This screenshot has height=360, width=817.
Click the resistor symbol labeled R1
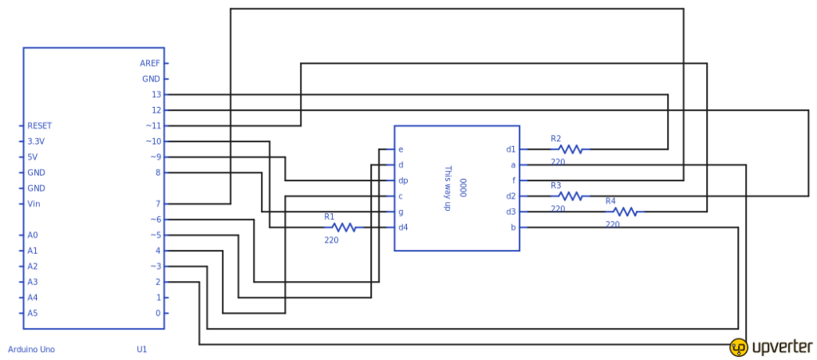pyautogui.click(x=343, y=227)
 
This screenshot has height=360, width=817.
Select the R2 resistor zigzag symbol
pyautogui.click(x=570, y=149)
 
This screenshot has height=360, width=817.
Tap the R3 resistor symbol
pyautogui.click(x=570, y=196)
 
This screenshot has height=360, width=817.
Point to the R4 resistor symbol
pyautogui.click(x=625, y=212)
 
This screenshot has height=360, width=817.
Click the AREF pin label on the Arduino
pyautogui.click(x=150, y=63)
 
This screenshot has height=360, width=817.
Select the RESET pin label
pyautogui.click(x=39, y=125)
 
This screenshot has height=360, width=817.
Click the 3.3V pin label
pyautogui.click(x=36, y=141)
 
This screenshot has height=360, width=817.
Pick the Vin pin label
pyautogui.click(x=34, y=204)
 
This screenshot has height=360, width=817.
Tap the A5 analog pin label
pyautogui.click(x=33, y=313)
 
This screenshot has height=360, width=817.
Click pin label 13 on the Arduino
pyautogui.click(x=156, y=94)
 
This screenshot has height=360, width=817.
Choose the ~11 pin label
pyautogui.click(x=152, y=125)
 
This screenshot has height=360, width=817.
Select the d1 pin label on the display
pyautogui.click(x=511, y=149)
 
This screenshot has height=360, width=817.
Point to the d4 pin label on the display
pyautogui.click(x=403, y=227)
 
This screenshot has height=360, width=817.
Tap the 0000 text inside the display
pyautogui.click(x=463, y=188)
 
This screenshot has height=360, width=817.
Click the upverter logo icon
pyautogui.click(x=738, y=347)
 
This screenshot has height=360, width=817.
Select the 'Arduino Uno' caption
pyautogui.click(x=31, y=350)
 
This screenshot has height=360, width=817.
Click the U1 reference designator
pyautogui.click(x=141, y=350)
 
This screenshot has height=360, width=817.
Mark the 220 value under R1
pyautogui.click(x=331, y=239)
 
